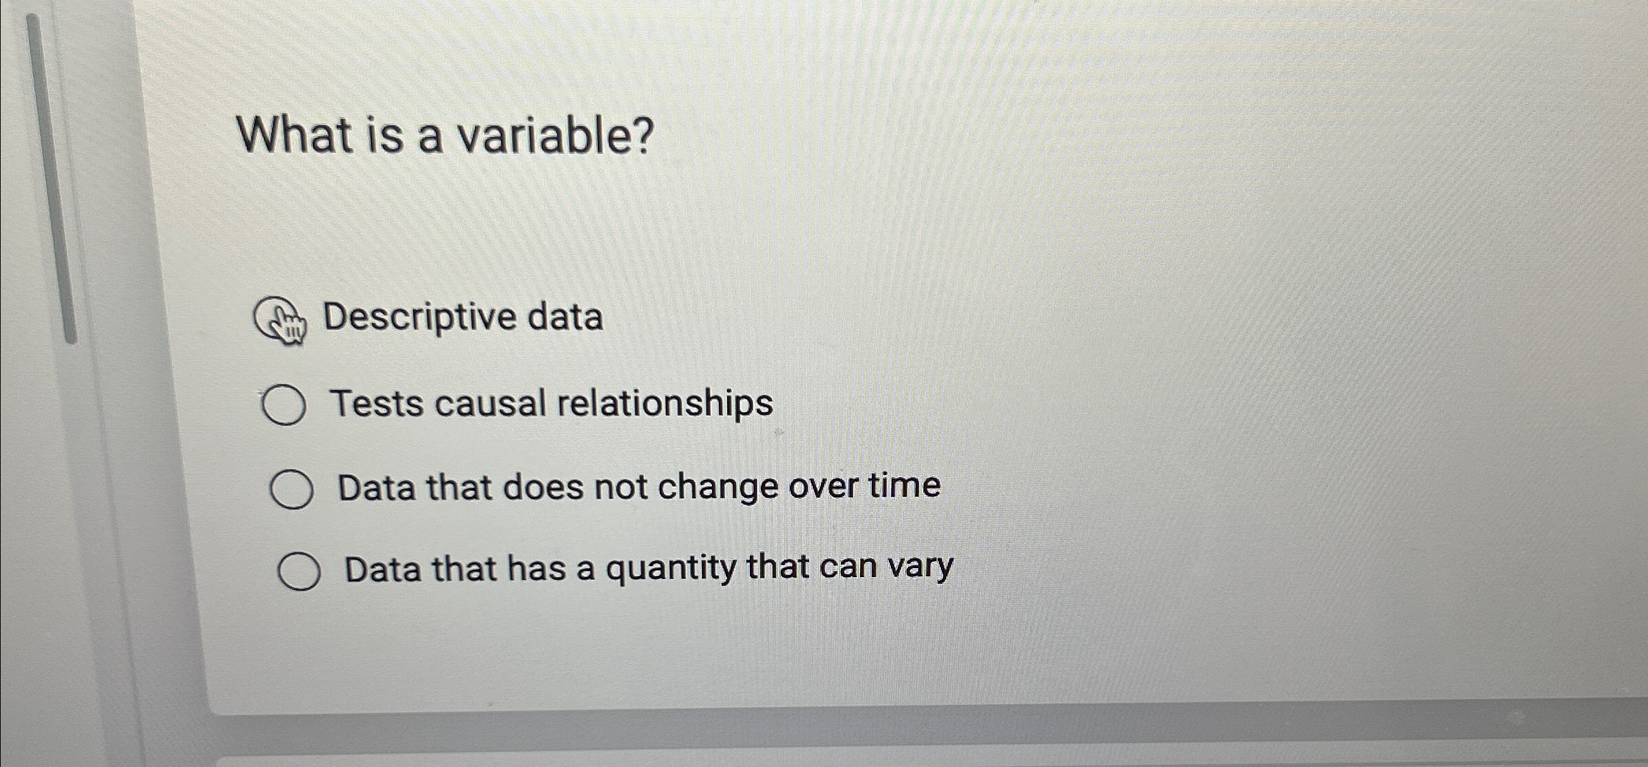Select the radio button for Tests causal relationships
pos(284,406)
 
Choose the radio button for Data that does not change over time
pos(292,489)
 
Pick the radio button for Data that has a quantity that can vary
pos(299,572)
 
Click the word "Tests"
pos(376,403)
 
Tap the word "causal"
pos(489,403)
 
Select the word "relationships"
pos(665,403)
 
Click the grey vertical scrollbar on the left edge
pos(51,178)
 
